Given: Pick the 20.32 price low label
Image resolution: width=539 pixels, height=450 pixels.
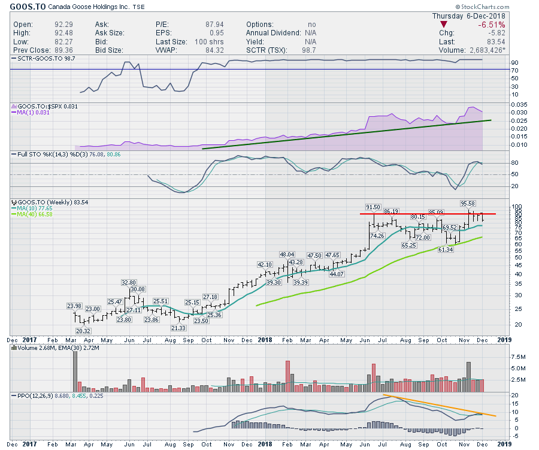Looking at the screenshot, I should (84, 331).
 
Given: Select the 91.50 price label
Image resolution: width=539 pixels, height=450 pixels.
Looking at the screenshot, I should (373, 207).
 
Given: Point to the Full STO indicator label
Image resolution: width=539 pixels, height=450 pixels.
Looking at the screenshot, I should (36, 154).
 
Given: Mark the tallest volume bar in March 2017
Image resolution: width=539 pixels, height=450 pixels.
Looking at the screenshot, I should (75, 370).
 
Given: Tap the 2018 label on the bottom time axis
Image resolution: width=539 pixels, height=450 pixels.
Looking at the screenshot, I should (265, 339).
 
